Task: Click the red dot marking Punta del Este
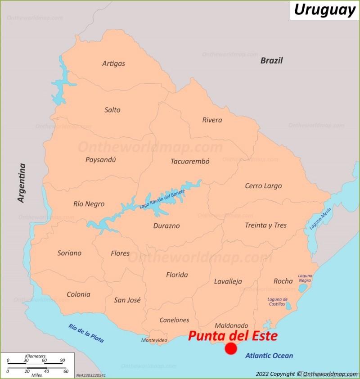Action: coord(231,349)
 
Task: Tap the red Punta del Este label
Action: coord(232,336)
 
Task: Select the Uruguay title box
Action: coord(324,10)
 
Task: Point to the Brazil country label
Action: coord(272,60)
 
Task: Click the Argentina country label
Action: coord(21,183)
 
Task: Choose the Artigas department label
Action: coord(113,63)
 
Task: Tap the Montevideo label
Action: coord(154,340)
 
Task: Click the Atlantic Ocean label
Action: coord(269,356)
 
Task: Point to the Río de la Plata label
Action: coord(86,334)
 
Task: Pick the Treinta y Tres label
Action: coord(265,225)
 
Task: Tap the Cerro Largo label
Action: coord(263,185)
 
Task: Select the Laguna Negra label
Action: coord(305,278)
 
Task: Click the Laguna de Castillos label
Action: coord(277,302)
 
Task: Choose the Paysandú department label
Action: coord(101,159)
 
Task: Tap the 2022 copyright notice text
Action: coord(306,374)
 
